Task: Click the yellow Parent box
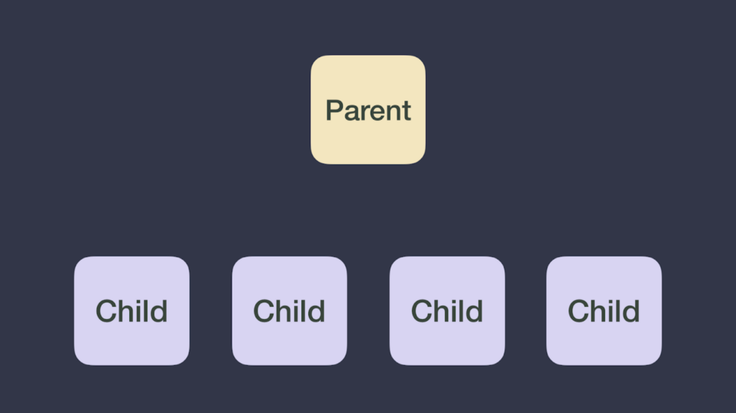pos(368,110)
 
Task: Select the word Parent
pos(368,111)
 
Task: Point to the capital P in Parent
pos(335,110)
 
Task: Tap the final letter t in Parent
pos(407,111)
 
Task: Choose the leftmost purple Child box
pos(132,311)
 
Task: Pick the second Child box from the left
pos(290,311)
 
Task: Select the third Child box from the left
pos(447,311)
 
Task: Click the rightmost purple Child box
pos(604,311)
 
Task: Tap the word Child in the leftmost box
pos(131,311)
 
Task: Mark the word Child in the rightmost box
pos(604,311)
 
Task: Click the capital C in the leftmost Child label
pos(105,311)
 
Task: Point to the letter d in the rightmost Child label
pos(631,311)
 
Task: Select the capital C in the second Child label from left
pos(263,311)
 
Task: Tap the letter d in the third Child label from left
pos(475,311)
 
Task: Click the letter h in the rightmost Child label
pos(597,311)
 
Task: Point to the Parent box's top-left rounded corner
pos(316,60)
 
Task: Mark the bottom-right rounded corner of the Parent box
pos(421,160)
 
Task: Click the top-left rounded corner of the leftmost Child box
pos(79,261)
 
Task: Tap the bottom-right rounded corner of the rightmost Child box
pos(657,360)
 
